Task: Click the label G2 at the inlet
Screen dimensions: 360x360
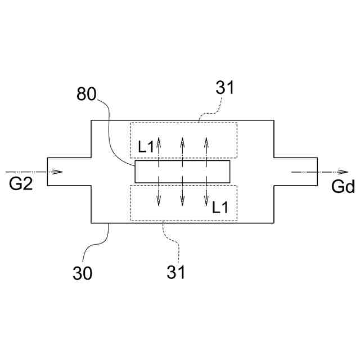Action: point(21,184)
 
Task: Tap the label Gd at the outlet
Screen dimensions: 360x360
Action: point(343,187)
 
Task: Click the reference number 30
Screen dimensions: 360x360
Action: point(83,273)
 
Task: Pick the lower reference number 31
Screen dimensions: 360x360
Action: point(175,272)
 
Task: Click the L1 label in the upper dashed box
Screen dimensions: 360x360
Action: point(146,148)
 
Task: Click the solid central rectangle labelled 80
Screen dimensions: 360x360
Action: point(182,172)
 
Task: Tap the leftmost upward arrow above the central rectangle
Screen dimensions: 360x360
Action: point(159,148)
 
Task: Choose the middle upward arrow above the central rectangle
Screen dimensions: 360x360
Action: point(183,148)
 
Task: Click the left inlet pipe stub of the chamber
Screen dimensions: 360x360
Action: point(69,172)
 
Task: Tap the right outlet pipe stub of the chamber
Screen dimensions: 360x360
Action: point(295,172)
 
